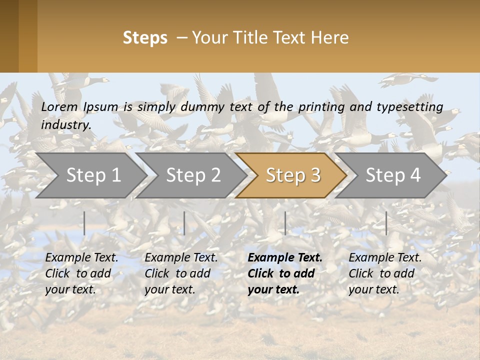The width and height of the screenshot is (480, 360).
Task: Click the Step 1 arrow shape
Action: click(92, 175)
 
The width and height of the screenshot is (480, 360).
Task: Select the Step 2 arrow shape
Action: click(192, 175)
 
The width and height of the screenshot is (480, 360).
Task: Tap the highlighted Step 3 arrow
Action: click(292, 175)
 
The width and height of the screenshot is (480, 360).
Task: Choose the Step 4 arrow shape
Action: click(392, 175)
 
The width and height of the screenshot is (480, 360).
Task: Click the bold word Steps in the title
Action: click(145, 38)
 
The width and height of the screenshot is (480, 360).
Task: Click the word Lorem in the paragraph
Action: click(59, 106)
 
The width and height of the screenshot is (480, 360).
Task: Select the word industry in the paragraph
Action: click(65, 124)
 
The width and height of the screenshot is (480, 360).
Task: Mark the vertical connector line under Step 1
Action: click(84, 223)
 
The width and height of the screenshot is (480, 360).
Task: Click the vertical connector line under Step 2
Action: click(184, 223)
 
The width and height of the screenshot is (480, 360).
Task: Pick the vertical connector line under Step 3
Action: click(285, 223)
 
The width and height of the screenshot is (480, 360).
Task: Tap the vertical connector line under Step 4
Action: click(386, 223)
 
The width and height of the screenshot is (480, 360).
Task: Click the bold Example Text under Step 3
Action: click(285, 258)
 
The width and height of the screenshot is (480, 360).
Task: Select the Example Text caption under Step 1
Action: click(81, 258)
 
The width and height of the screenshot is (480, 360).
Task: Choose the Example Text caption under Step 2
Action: click(181, 258)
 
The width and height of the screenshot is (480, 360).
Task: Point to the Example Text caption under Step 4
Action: click(385, 258)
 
